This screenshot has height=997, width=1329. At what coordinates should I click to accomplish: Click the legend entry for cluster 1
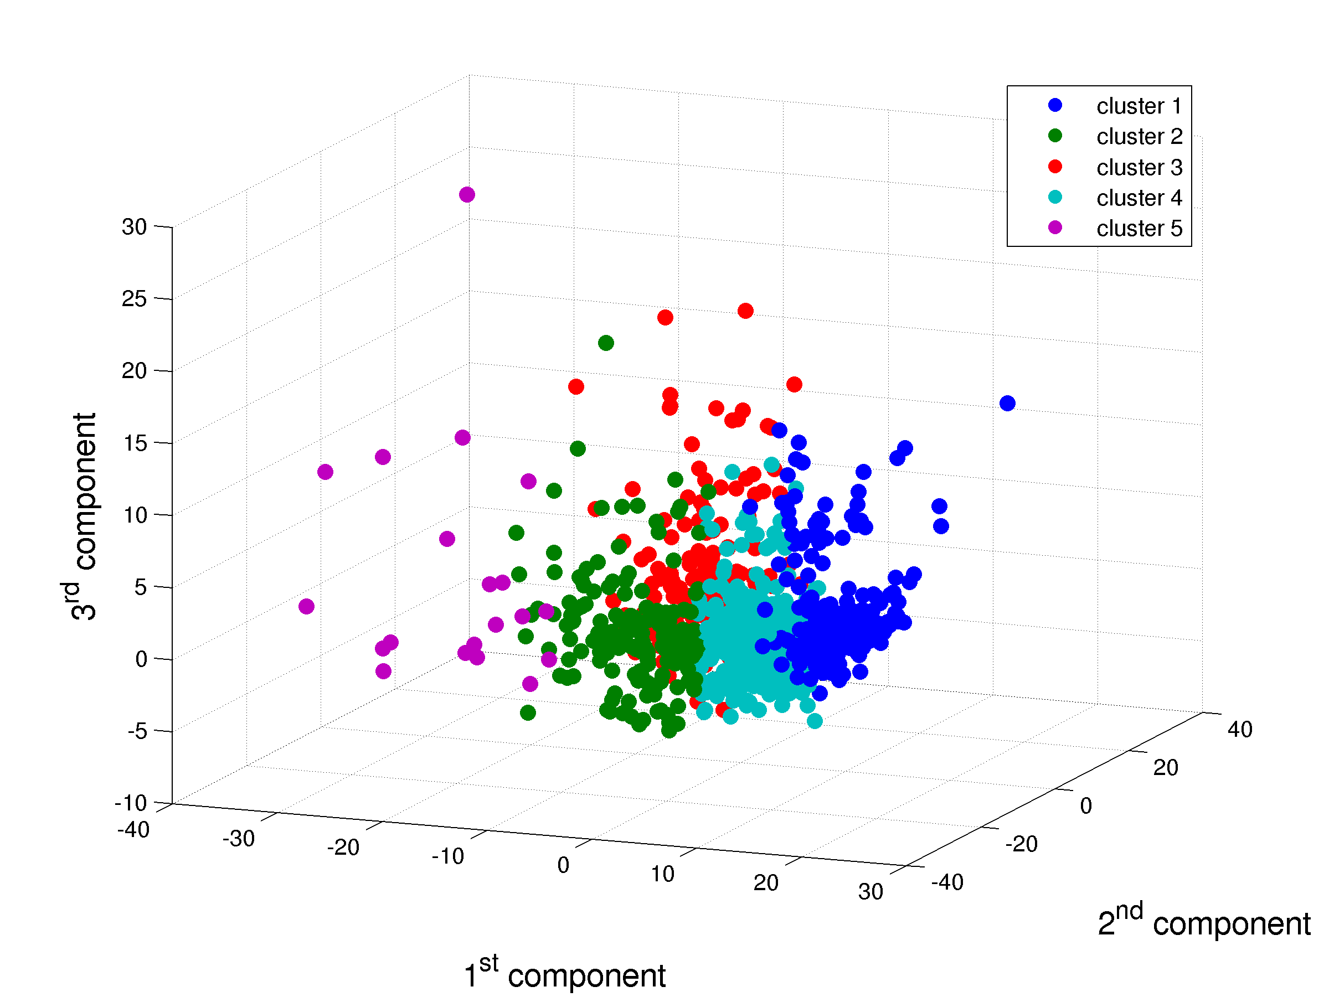coord(1139,106)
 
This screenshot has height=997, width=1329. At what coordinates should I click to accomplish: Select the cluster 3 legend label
coord(1139,168)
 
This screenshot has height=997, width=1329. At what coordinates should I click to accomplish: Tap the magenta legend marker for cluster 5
coord(1055,228)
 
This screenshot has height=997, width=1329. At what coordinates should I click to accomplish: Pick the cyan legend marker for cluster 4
coord(1055,197)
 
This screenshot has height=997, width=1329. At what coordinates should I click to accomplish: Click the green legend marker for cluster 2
coord(1055,136)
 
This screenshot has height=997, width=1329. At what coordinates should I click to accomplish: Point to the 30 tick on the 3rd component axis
coord(135,227)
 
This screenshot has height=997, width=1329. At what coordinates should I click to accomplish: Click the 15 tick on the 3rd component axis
coord(135,443)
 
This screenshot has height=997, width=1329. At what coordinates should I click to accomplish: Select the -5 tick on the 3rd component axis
coord(137,731)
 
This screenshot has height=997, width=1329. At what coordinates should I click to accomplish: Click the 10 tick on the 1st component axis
coord(662,874)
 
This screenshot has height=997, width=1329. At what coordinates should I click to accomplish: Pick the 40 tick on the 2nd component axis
coord(1239,729)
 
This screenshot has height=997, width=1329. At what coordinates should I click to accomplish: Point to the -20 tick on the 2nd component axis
coord(1021,844)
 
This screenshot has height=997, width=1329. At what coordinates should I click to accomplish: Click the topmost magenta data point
coord(467,195)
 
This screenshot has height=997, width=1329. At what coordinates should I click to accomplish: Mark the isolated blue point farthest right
coord(1008,403)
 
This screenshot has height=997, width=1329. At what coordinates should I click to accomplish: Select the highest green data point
coord(606,343)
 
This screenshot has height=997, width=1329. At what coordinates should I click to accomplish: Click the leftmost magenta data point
coord(306,607)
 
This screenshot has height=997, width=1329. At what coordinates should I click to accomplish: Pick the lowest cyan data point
coord(815,721)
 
